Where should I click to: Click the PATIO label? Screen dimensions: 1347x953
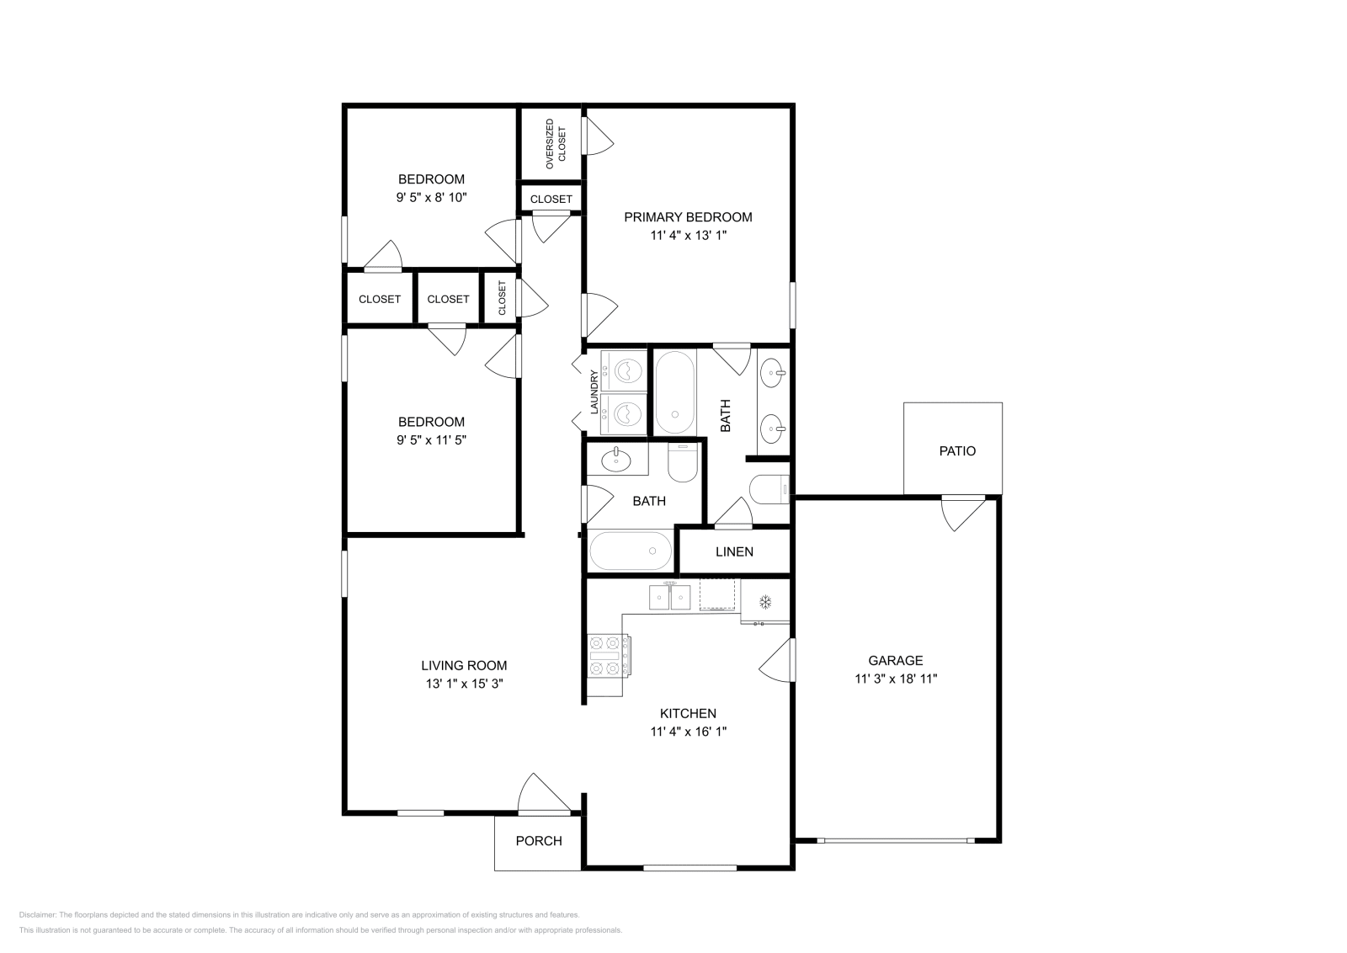pos(957,451)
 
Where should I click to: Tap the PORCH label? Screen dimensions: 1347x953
pos(539,841)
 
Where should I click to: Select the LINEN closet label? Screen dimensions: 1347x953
pos(734,552)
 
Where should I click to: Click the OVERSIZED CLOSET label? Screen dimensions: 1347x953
pos(556,144)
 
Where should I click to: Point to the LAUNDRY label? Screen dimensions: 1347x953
pos(594,392)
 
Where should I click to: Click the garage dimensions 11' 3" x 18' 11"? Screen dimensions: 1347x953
pos(896,679)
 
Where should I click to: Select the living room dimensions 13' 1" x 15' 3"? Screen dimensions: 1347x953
pos(464,684)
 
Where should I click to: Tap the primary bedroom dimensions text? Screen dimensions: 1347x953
pos(688,235)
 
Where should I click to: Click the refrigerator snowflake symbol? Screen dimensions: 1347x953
pos(765,602)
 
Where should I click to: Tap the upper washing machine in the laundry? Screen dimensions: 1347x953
pos(624,371)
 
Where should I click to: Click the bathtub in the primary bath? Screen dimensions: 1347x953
pos(674,392)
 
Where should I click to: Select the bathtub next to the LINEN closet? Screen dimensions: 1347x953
pos(631,551)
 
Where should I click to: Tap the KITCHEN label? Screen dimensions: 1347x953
pos(688,714)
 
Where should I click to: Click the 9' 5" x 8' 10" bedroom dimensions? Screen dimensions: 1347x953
pos(431,197)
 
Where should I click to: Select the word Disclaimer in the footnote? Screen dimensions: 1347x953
pos(37,914)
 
